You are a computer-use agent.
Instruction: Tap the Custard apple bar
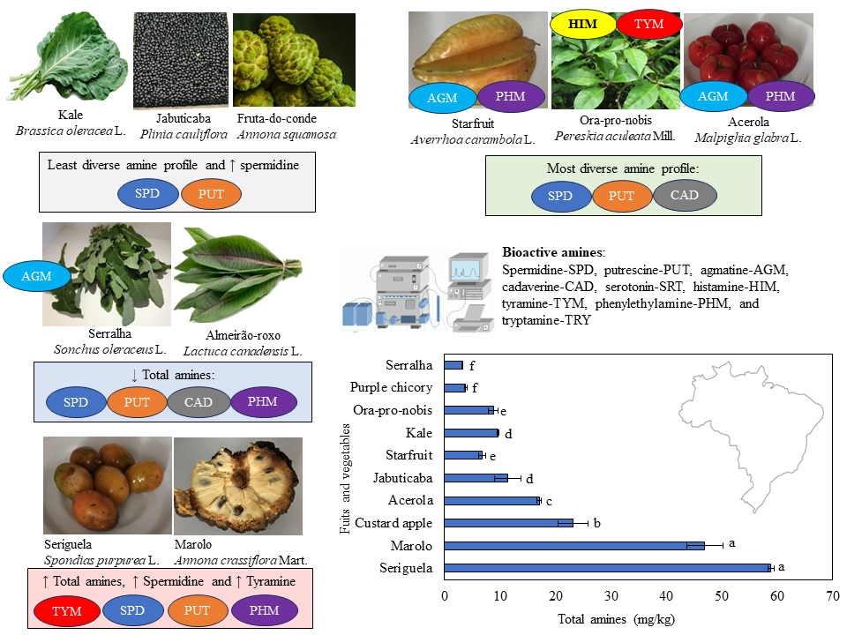508,523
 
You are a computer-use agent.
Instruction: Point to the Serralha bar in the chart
453,365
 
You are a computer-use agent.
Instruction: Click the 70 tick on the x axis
832,596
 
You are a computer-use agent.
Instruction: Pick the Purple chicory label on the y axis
391,387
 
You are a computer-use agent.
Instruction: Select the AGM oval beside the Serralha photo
38,276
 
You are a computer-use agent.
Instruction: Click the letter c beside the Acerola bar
548,500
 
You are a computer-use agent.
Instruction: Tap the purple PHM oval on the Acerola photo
779,96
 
